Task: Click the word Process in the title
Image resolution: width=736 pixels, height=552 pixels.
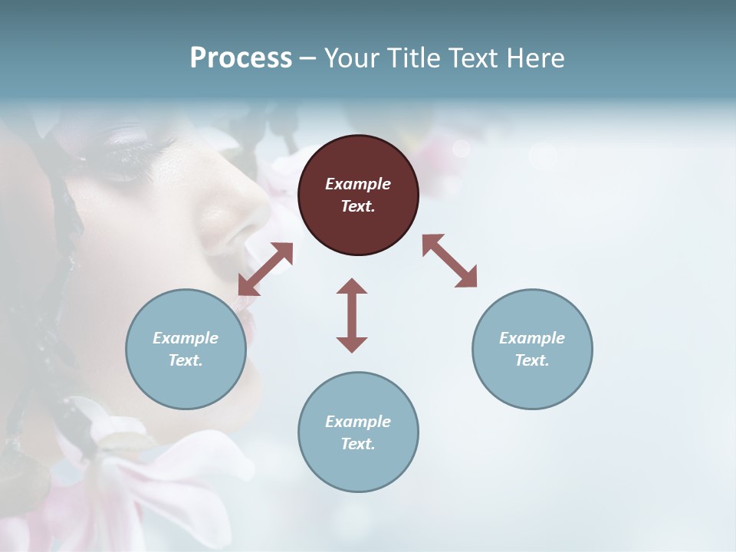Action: point(241,58)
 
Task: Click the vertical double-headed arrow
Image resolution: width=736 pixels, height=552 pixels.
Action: point(352,315)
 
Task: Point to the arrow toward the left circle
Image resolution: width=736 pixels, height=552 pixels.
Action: point(265,269)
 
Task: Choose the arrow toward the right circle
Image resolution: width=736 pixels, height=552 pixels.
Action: point(449,261)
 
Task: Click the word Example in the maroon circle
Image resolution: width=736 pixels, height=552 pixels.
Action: point(358,184)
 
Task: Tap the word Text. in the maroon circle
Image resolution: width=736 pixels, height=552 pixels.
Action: point(358,206)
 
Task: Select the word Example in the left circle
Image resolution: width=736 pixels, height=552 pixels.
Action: point(186,338)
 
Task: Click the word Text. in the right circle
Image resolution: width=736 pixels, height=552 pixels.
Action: point(532,360)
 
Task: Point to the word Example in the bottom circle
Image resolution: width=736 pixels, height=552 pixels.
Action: point(358,422)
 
